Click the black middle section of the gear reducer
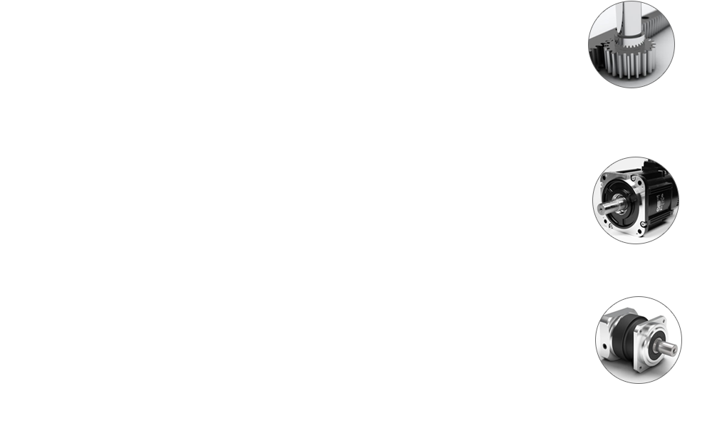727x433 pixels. coord(627,342)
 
